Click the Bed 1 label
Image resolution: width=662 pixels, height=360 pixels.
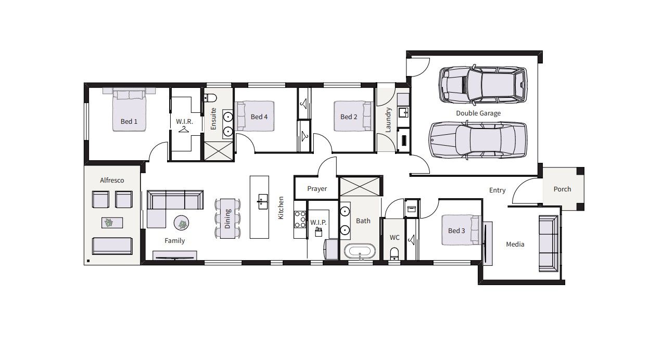tap(129, 121)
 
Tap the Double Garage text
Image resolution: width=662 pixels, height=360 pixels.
tap(478, 113)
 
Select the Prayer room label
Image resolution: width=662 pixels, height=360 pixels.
tap(317, 189)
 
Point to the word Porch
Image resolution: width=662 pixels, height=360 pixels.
tap(562, 189)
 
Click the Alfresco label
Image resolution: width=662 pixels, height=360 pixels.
tap(112, 180)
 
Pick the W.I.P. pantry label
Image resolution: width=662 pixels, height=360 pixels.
tap(319, 222)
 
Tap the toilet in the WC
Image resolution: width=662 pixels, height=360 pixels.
tap(394, 253)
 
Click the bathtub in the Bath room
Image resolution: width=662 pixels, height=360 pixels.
tap(360, 252)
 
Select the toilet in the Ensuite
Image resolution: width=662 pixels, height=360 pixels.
tap(210, 97)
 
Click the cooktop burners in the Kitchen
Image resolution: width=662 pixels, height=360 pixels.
tap(300, 219)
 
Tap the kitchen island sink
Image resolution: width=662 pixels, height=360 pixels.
tap(262, 201)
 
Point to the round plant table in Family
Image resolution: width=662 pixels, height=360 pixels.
tap(181, 223)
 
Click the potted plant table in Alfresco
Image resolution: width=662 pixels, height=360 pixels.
tap(112, 223)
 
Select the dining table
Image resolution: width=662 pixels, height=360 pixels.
tap(227, 218)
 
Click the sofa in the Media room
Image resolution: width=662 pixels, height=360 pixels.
tap(549, 243)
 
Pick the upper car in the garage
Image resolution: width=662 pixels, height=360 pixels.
tap(482, 84)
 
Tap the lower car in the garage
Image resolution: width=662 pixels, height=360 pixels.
tap(478, 140)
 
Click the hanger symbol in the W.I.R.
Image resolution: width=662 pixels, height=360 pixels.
tap(184, 130)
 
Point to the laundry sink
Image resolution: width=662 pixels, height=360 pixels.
tap(403, 112)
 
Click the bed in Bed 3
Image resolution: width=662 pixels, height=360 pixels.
tap(461, 230)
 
